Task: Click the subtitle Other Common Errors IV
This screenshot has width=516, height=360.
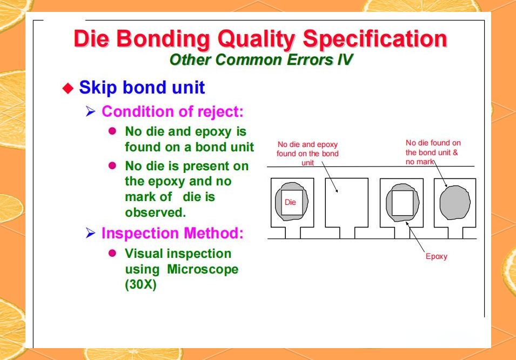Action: [x=261, y=59]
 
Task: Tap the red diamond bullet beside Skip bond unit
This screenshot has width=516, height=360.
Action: [x=68, y=88]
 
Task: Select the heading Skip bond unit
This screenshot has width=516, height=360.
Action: [x=142, y=88]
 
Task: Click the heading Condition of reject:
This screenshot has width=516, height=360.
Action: [x=172, y=112]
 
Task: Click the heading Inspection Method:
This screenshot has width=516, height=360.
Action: [x=172, y=234]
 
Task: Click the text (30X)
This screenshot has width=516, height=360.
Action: [x=140, y=284]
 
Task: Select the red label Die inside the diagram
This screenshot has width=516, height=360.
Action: [x=290, y=203]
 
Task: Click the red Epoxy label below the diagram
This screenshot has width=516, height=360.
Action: [x=436, y=256]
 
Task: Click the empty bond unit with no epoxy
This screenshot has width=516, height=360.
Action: [x=346, y=203]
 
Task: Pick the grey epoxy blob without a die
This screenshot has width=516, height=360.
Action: [x=455, y=203]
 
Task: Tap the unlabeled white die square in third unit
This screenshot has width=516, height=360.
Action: [x=402, y=203]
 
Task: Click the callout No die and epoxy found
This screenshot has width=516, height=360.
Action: [x=307, y=154]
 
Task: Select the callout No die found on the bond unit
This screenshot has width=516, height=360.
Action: [x=433, y=152]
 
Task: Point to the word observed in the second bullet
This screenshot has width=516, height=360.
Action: [x=155, y=212]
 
